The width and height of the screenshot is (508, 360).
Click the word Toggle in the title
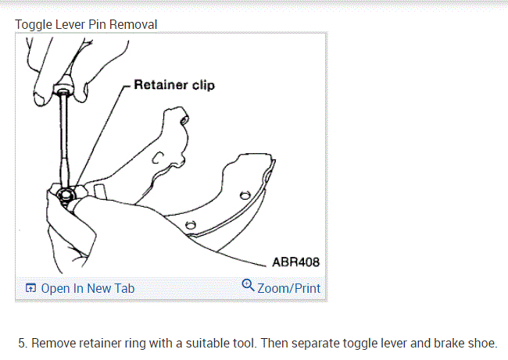click(x=32, y=24)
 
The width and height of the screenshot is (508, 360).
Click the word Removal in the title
click(x=132, y=24)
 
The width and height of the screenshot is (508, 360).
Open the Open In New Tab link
click(x=88, y=288)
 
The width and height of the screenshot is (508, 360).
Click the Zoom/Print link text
click(x=288, y=288)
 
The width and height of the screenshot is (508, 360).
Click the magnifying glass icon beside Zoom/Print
click(x=248, y=286)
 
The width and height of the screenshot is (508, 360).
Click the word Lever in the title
click(x=67, y=24)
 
